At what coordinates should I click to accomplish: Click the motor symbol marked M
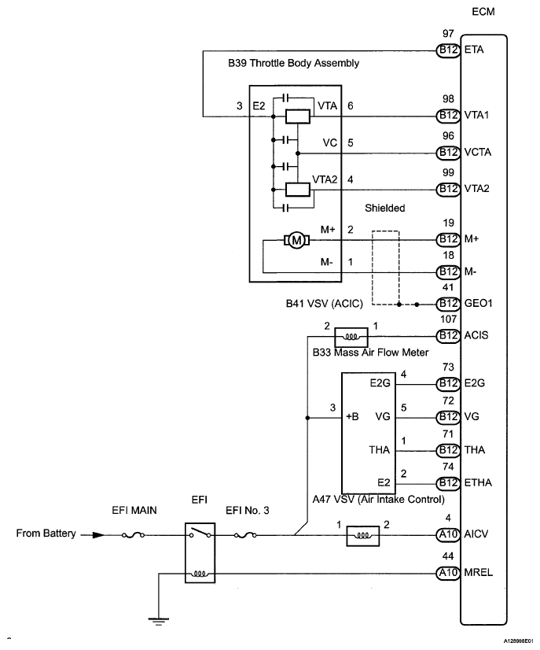coord(296,241)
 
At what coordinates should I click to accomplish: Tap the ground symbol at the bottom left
coord(160,619)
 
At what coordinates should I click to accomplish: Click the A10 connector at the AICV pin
coord(448,536)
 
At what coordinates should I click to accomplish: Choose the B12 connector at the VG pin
coord(448,416)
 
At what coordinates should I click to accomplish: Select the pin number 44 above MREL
coord(448,556)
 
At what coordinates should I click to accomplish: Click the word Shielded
coord(385,209)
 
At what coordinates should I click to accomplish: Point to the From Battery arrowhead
coord(97,534)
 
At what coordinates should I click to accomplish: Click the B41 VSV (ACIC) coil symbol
coord(347,337)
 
